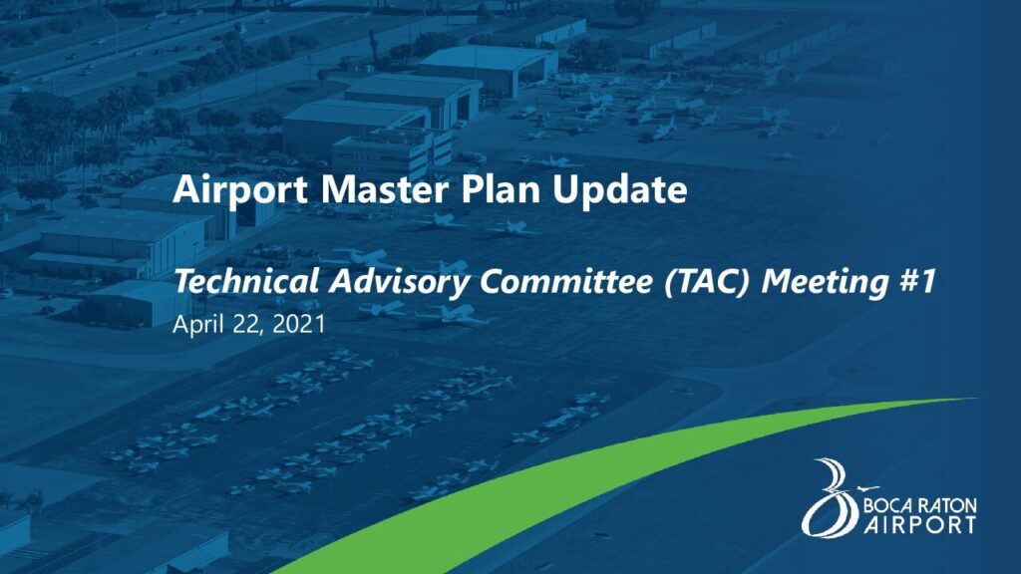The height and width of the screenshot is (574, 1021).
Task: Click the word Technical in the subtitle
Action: (x=246, y=281)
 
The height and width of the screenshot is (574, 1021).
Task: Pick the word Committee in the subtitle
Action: (x=566, y=281)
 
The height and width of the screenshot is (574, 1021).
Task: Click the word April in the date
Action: (x=198, y=325)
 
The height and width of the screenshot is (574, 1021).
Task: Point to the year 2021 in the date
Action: (x=299, y=324)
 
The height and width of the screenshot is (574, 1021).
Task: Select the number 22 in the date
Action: (x=248, y=324)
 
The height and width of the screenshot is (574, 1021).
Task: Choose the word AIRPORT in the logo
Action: (x=920, y=524)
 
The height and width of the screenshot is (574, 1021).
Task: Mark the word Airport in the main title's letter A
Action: (x=185, y=189)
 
